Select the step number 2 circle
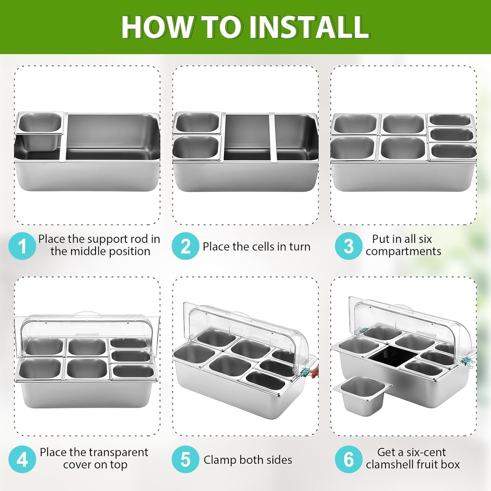coord(186,246)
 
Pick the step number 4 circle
coord(22,459)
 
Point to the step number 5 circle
coord(186,459)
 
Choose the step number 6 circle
coord(349,459)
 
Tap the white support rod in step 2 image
coord(272,137)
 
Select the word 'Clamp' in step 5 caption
coord(220,460)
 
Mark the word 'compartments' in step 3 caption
coord(403,251)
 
